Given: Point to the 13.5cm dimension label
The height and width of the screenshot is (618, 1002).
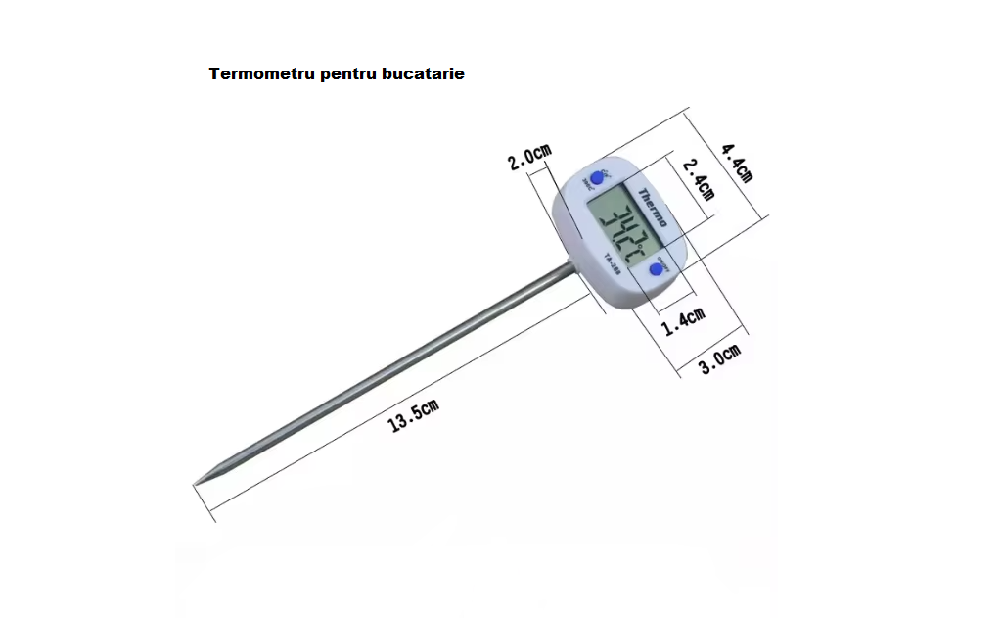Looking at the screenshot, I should coord(413,416).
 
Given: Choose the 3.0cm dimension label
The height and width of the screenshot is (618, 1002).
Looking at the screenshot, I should coord(719,360).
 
